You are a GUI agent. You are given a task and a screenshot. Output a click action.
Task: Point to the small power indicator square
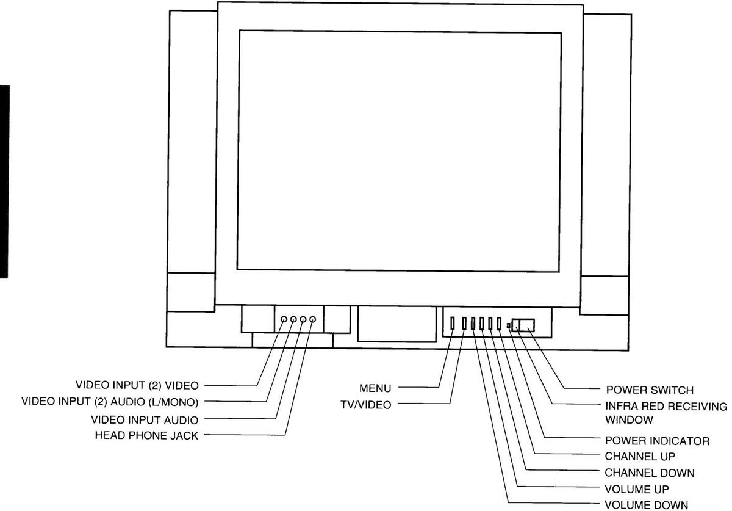(x=508, y=326)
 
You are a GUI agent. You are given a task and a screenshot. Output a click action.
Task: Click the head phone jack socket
(x=313, y=319)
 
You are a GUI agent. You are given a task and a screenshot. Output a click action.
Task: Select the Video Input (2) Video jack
(x=284, y=319)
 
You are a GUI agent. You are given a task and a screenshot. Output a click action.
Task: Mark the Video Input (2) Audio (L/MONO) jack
(x=293, y=319)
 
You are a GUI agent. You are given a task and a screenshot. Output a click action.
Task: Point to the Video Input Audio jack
(x=303, y=319)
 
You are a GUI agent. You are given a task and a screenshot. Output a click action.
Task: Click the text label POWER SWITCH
(x=650, y=390)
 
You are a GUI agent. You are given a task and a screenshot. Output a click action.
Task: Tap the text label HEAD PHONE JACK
(x=146, y=436)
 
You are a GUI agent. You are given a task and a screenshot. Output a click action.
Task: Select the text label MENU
(x=375, y=388)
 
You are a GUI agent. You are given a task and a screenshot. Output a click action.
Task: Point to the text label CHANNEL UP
(x=640, y=456)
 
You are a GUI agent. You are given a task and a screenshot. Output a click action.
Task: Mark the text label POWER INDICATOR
(x=657, y=440)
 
